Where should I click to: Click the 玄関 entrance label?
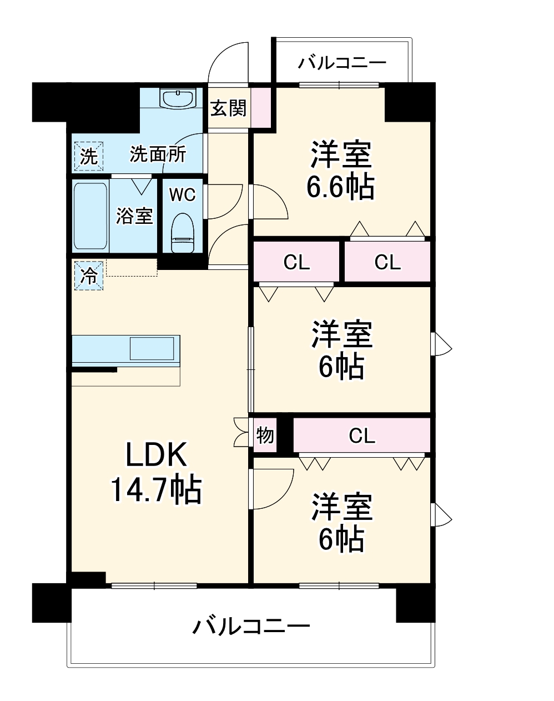pyautogui.click(x=228, y=108)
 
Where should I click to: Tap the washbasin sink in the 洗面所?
pyautogui.click(x=178, y=99)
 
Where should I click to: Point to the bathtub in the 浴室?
pyautogui.click(x=90, y=216)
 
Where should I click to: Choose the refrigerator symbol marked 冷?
pyautogui.click(x=89, y=276)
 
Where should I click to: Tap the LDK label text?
pyautogui.click(x=156, y=456)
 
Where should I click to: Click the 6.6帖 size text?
pyautogui.click(x=340, y=187)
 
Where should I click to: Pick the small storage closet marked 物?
pyautogui.click(x=265, y=435)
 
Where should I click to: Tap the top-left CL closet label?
pyautogui.click(x=296, y=262)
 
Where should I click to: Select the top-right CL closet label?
pyautogui.click(x=387, y=262)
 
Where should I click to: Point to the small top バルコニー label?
pyautogui.click(x=341, y=62)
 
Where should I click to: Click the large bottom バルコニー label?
pyautogui.click(x=251, y=627)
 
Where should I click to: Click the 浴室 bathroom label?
pyautogui.click(x=134, y=216)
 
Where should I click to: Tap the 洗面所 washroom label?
pyautogui.click(x=158, y=154)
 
